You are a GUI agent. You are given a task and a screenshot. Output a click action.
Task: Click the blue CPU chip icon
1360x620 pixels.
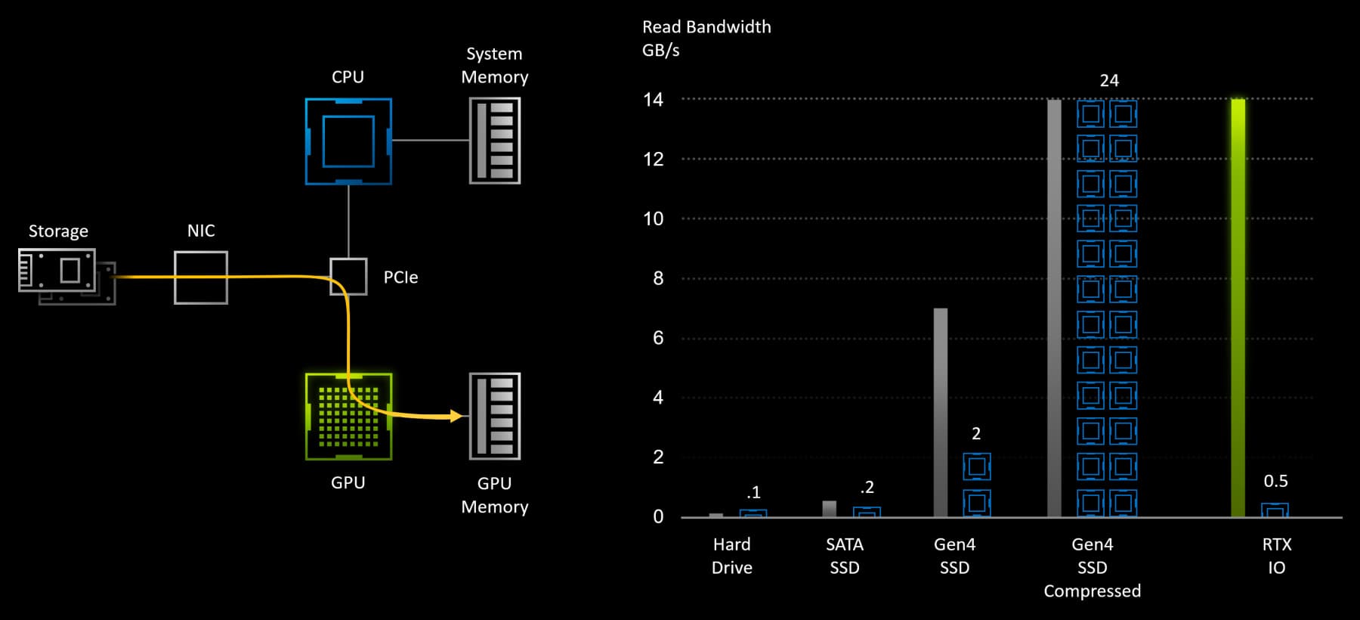348,141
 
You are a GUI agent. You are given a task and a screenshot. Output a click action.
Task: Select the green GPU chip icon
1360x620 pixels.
348,417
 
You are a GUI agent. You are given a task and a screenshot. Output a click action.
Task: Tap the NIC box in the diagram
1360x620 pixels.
201,277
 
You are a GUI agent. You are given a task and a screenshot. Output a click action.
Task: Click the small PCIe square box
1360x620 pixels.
348,277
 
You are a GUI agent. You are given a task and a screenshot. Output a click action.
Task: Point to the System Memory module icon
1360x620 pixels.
495,141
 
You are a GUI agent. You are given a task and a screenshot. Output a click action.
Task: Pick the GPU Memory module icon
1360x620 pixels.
495,416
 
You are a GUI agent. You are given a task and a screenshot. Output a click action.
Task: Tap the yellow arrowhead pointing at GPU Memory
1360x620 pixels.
456,416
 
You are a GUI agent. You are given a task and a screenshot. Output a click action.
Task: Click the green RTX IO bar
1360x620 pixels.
1238,308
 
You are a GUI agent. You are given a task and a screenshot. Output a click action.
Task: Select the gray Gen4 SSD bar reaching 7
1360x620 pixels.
941,412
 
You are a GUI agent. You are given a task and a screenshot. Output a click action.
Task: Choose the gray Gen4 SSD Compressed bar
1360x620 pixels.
1054,308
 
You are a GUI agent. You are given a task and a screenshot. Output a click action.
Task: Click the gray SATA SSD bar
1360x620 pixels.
829,509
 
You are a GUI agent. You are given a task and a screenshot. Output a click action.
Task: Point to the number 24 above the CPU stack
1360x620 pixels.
1109,81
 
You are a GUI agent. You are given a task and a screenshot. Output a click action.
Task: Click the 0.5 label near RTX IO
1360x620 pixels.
1275,481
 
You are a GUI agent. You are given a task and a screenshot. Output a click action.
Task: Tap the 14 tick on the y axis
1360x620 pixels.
653,100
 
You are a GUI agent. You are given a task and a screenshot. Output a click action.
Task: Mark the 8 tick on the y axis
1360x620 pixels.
658,278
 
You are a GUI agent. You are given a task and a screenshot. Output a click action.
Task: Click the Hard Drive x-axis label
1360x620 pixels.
732,556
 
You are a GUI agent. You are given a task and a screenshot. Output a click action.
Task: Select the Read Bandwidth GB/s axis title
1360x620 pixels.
706,39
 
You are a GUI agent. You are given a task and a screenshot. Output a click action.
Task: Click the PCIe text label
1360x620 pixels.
400,277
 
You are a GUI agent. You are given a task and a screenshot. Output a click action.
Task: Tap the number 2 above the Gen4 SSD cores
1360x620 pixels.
976,434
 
